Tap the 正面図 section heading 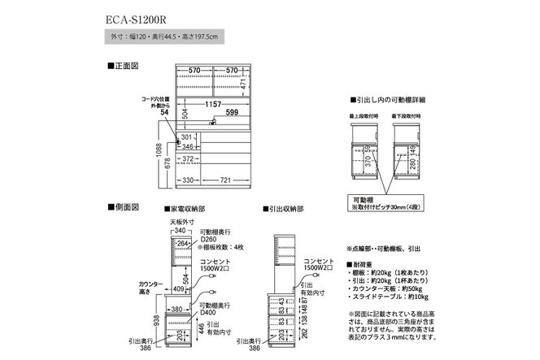pos(123,63)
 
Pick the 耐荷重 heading pos(361,264)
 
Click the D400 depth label pos(210,311)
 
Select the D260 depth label pos(210,239)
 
